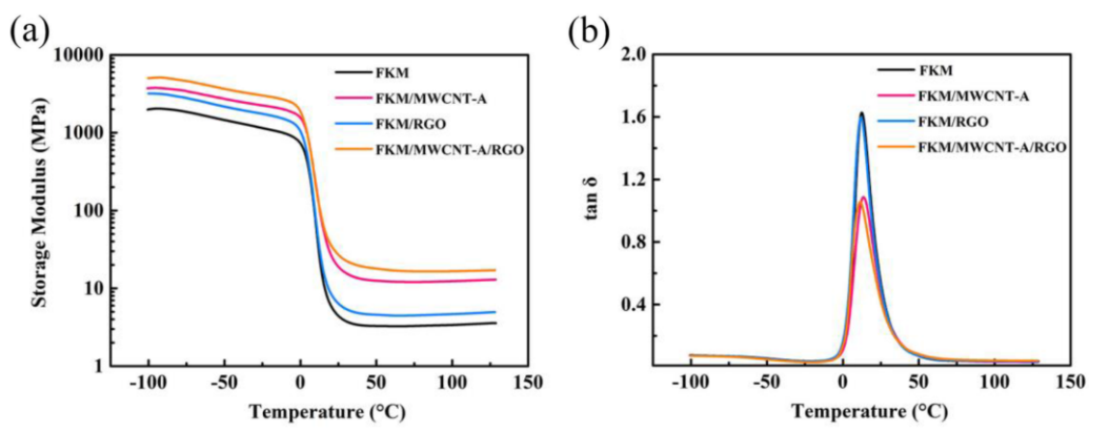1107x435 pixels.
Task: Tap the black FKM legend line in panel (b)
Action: click(895, 70)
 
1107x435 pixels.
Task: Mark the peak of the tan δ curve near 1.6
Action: click(861, 114)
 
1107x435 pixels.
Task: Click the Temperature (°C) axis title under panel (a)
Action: click(329, 412)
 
